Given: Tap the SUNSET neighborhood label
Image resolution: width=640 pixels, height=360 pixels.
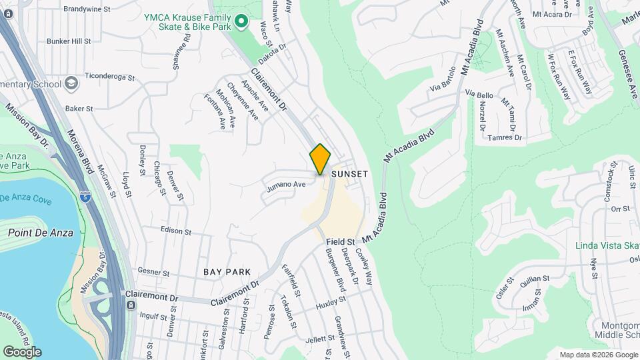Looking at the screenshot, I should pyautogui.click(x=350, y=173).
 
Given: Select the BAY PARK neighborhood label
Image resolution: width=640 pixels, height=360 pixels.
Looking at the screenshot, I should pyautogui.click(x=227, y=272).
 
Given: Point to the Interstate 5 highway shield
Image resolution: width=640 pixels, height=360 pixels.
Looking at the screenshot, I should pyautogui.click(x=84, y=197).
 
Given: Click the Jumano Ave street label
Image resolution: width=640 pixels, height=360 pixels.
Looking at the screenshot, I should pyautogui.click(x=286, y=185).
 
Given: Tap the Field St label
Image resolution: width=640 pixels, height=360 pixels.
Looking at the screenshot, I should pyautogui.click(x=340, y=241).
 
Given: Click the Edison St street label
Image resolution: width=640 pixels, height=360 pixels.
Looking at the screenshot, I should pyautogui.click(x=176, y=231).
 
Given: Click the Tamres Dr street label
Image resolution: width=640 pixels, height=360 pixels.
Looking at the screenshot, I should pyautogui.click(x=505, y=137).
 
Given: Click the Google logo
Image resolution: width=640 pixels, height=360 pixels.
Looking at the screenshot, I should pyautogui.click(x=21, y=351).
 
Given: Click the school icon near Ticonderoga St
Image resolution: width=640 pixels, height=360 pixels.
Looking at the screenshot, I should pyautogui.click(x=71, y=84).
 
